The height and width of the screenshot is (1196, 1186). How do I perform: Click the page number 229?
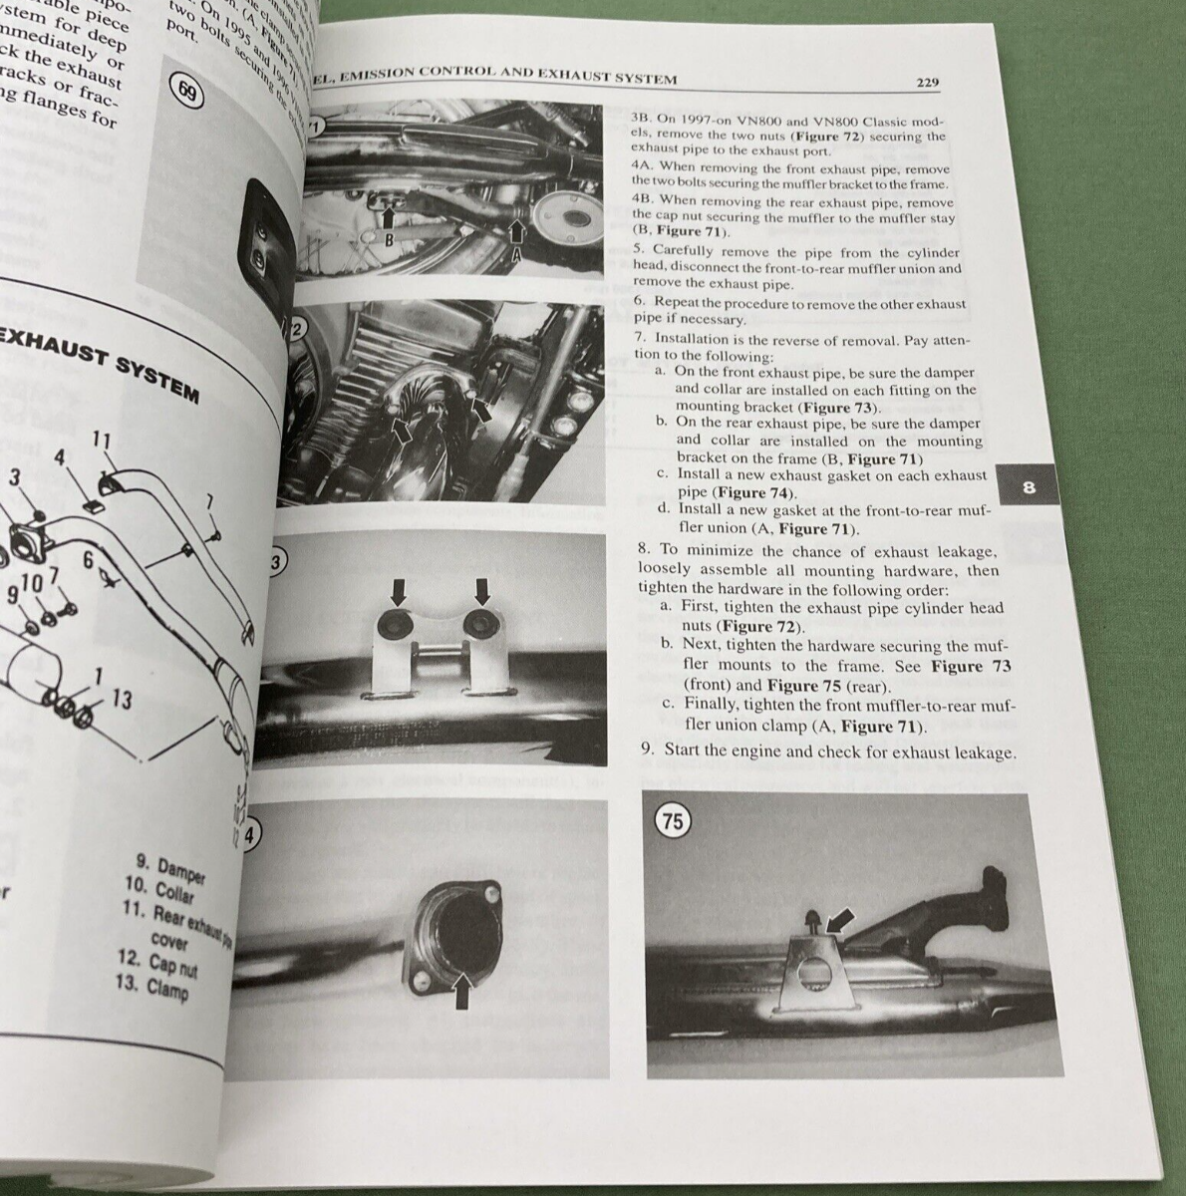[927, 84]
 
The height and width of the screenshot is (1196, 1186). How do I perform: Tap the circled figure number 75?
[674, 821]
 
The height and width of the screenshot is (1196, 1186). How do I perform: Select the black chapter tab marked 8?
[1029, 487]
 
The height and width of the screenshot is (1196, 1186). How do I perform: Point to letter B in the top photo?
[391, 240]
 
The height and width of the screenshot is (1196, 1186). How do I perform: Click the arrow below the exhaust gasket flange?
[462, 991]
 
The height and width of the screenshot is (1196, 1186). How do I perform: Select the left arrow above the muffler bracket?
[399, 594]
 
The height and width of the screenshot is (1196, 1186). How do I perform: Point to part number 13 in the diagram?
[122, 701]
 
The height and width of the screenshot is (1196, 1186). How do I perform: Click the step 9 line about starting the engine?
[827, 752]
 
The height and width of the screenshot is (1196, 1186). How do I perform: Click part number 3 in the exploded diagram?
[14, 476]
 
